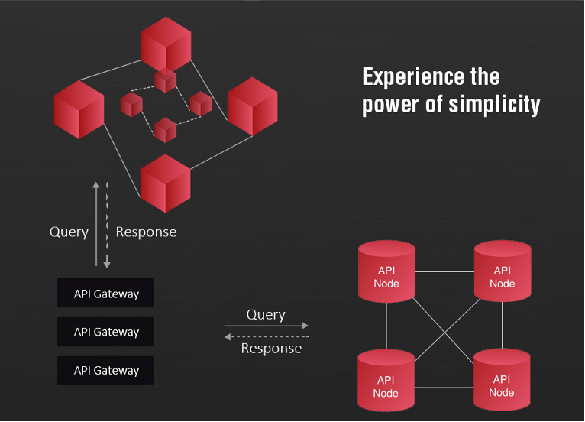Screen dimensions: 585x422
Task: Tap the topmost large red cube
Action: [x=166, y=44]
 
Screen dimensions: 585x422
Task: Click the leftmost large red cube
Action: [x=79, y=110]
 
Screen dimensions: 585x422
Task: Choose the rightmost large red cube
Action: [x=253, y=106]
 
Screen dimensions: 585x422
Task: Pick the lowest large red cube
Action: [x=165, y=183]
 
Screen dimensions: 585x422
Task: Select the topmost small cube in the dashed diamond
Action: [x=165, y=80]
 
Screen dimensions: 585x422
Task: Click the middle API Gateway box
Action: [x=105, y=332]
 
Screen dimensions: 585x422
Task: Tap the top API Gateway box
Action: [x=105, y=293]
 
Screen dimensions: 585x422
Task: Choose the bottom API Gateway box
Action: [x=105, y=371]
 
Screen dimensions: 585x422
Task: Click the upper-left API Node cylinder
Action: [x=386, y=271]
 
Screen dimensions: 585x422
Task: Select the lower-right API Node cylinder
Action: [x=502, y=380]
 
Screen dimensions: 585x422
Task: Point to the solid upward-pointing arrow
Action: [x=96, y=224]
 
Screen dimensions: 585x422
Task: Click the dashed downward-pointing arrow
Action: [x=107, y=226]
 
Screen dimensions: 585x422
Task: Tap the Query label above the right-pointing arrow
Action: [x=266, y=315]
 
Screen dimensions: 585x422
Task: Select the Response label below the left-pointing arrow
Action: [x=271, y=349]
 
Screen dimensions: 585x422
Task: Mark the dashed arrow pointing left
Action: [x=267, y=337]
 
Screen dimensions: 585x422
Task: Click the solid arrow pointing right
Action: [x=267, y=326]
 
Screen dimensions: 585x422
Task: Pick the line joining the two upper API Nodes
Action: [x=444, y=271]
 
